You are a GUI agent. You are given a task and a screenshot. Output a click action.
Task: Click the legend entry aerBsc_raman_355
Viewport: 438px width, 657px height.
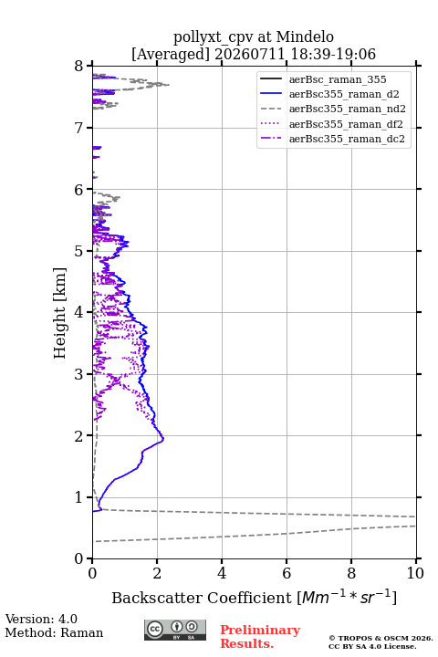click(338, 79)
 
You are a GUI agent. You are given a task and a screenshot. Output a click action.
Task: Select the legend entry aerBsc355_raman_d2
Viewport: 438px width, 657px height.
click(344, 94)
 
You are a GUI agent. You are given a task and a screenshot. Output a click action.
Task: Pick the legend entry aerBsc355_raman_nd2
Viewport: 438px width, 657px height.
click(347, 109)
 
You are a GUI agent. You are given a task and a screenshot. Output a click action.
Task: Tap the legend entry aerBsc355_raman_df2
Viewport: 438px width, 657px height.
click(346, 124)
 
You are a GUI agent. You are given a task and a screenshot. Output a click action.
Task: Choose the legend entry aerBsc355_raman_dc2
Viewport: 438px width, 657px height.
click(347, 139)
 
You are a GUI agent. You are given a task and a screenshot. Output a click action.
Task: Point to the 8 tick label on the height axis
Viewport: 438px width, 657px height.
click(79, 67)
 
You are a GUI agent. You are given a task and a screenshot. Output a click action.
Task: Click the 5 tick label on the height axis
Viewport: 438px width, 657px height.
click(79, 251)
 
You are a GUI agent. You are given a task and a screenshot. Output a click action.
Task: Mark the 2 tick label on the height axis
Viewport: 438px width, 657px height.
click(79, 436)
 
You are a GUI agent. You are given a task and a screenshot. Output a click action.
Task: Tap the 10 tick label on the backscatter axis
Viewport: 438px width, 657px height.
click(415, 573)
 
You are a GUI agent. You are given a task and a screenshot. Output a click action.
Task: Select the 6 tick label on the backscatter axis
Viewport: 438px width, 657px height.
click(287, 573)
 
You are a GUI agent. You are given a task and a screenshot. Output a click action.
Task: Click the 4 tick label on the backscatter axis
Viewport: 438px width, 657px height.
click(222, 573)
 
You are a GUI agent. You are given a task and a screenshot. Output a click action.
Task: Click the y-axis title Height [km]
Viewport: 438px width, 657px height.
click(60, 313)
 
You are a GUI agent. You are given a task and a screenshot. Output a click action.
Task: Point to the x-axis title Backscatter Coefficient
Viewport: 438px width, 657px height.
click(202, 598)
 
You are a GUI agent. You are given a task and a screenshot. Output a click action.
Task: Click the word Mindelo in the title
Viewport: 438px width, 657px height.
click(305, 36)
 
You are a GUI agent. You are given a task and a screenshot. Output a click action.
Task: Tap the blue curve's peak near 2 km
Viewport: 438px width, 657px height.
click(163, 439)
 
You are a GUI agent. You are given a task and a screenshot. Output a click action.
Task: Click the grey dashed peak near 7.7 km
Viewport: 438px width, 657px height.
click(169, 85)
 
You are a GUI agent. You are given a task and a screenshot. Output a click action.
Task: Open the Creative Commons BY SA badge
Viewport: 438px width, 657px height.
click(175, 630)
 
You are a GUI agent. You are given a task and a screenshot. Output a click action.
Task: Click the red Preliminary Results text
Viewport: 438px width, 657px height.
click(260, 636)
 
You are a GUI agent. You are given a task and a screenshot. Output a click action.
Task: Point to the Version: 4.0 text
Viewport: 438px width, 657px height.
click(41, 619)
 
